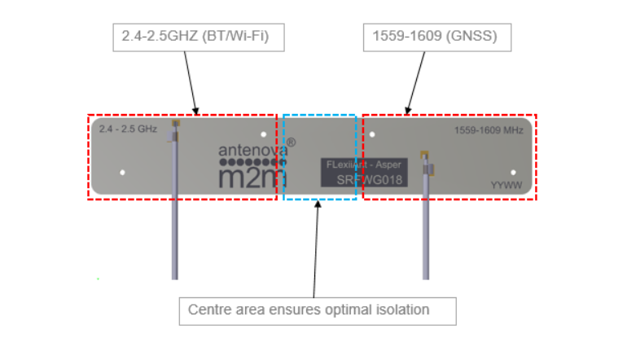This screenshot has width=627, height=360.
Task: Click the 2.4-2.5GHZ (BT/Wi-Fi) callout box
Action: [x=199, y=37]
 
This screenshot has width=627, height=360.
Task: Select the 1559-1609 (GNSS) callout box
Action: [x=437, y=37]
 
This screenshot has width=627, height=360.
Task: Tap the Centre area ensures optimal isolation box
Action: [x=318, y=311]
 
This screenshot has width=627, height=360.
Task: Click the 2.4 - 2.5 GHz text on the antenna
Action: [x=128, y=129]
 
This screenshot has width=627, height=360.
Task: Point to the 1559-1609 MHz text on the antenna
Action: [x=489, y=130]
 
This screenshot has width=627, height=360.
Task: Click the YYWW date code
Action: [x=506, y=185]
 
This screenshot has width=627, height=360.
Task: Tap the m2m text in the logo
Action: [x=252, y=178]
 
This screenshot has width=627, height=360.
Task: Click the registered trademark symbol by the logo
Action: [x=292, y=143]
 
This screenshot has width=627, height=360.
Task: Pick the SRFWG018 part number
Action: [x=369, y=180]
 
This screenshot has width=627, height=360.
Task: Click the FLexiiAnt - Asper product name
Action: [x=363, y=165]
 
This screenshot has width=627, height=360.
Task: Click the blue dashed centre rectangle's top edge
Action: [x=319, y=115]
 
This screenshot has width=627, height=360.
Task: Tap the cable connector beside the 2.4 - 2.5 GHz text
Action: [x=174, y=131]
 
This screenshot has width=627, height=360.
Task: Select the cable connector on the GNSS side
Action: [x=427, y=163]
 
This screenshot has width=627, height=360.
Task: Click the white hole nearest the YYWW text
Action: [x=513, y=173]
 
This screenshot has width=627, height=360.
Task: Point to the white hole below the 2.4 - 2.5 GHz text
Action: [x=122, y=173]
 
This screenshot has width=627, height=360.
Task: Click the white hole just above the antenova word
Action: [x=263, y=134]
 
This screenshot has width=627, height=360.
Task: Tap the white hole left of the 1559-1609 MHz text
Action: [x=372, y=134]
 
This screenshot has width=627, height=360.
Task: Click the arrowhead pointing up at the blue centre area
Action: [x=318, y=204]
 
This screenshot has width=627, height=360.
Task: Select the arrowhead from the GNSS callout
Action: [x=407, y=111]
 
